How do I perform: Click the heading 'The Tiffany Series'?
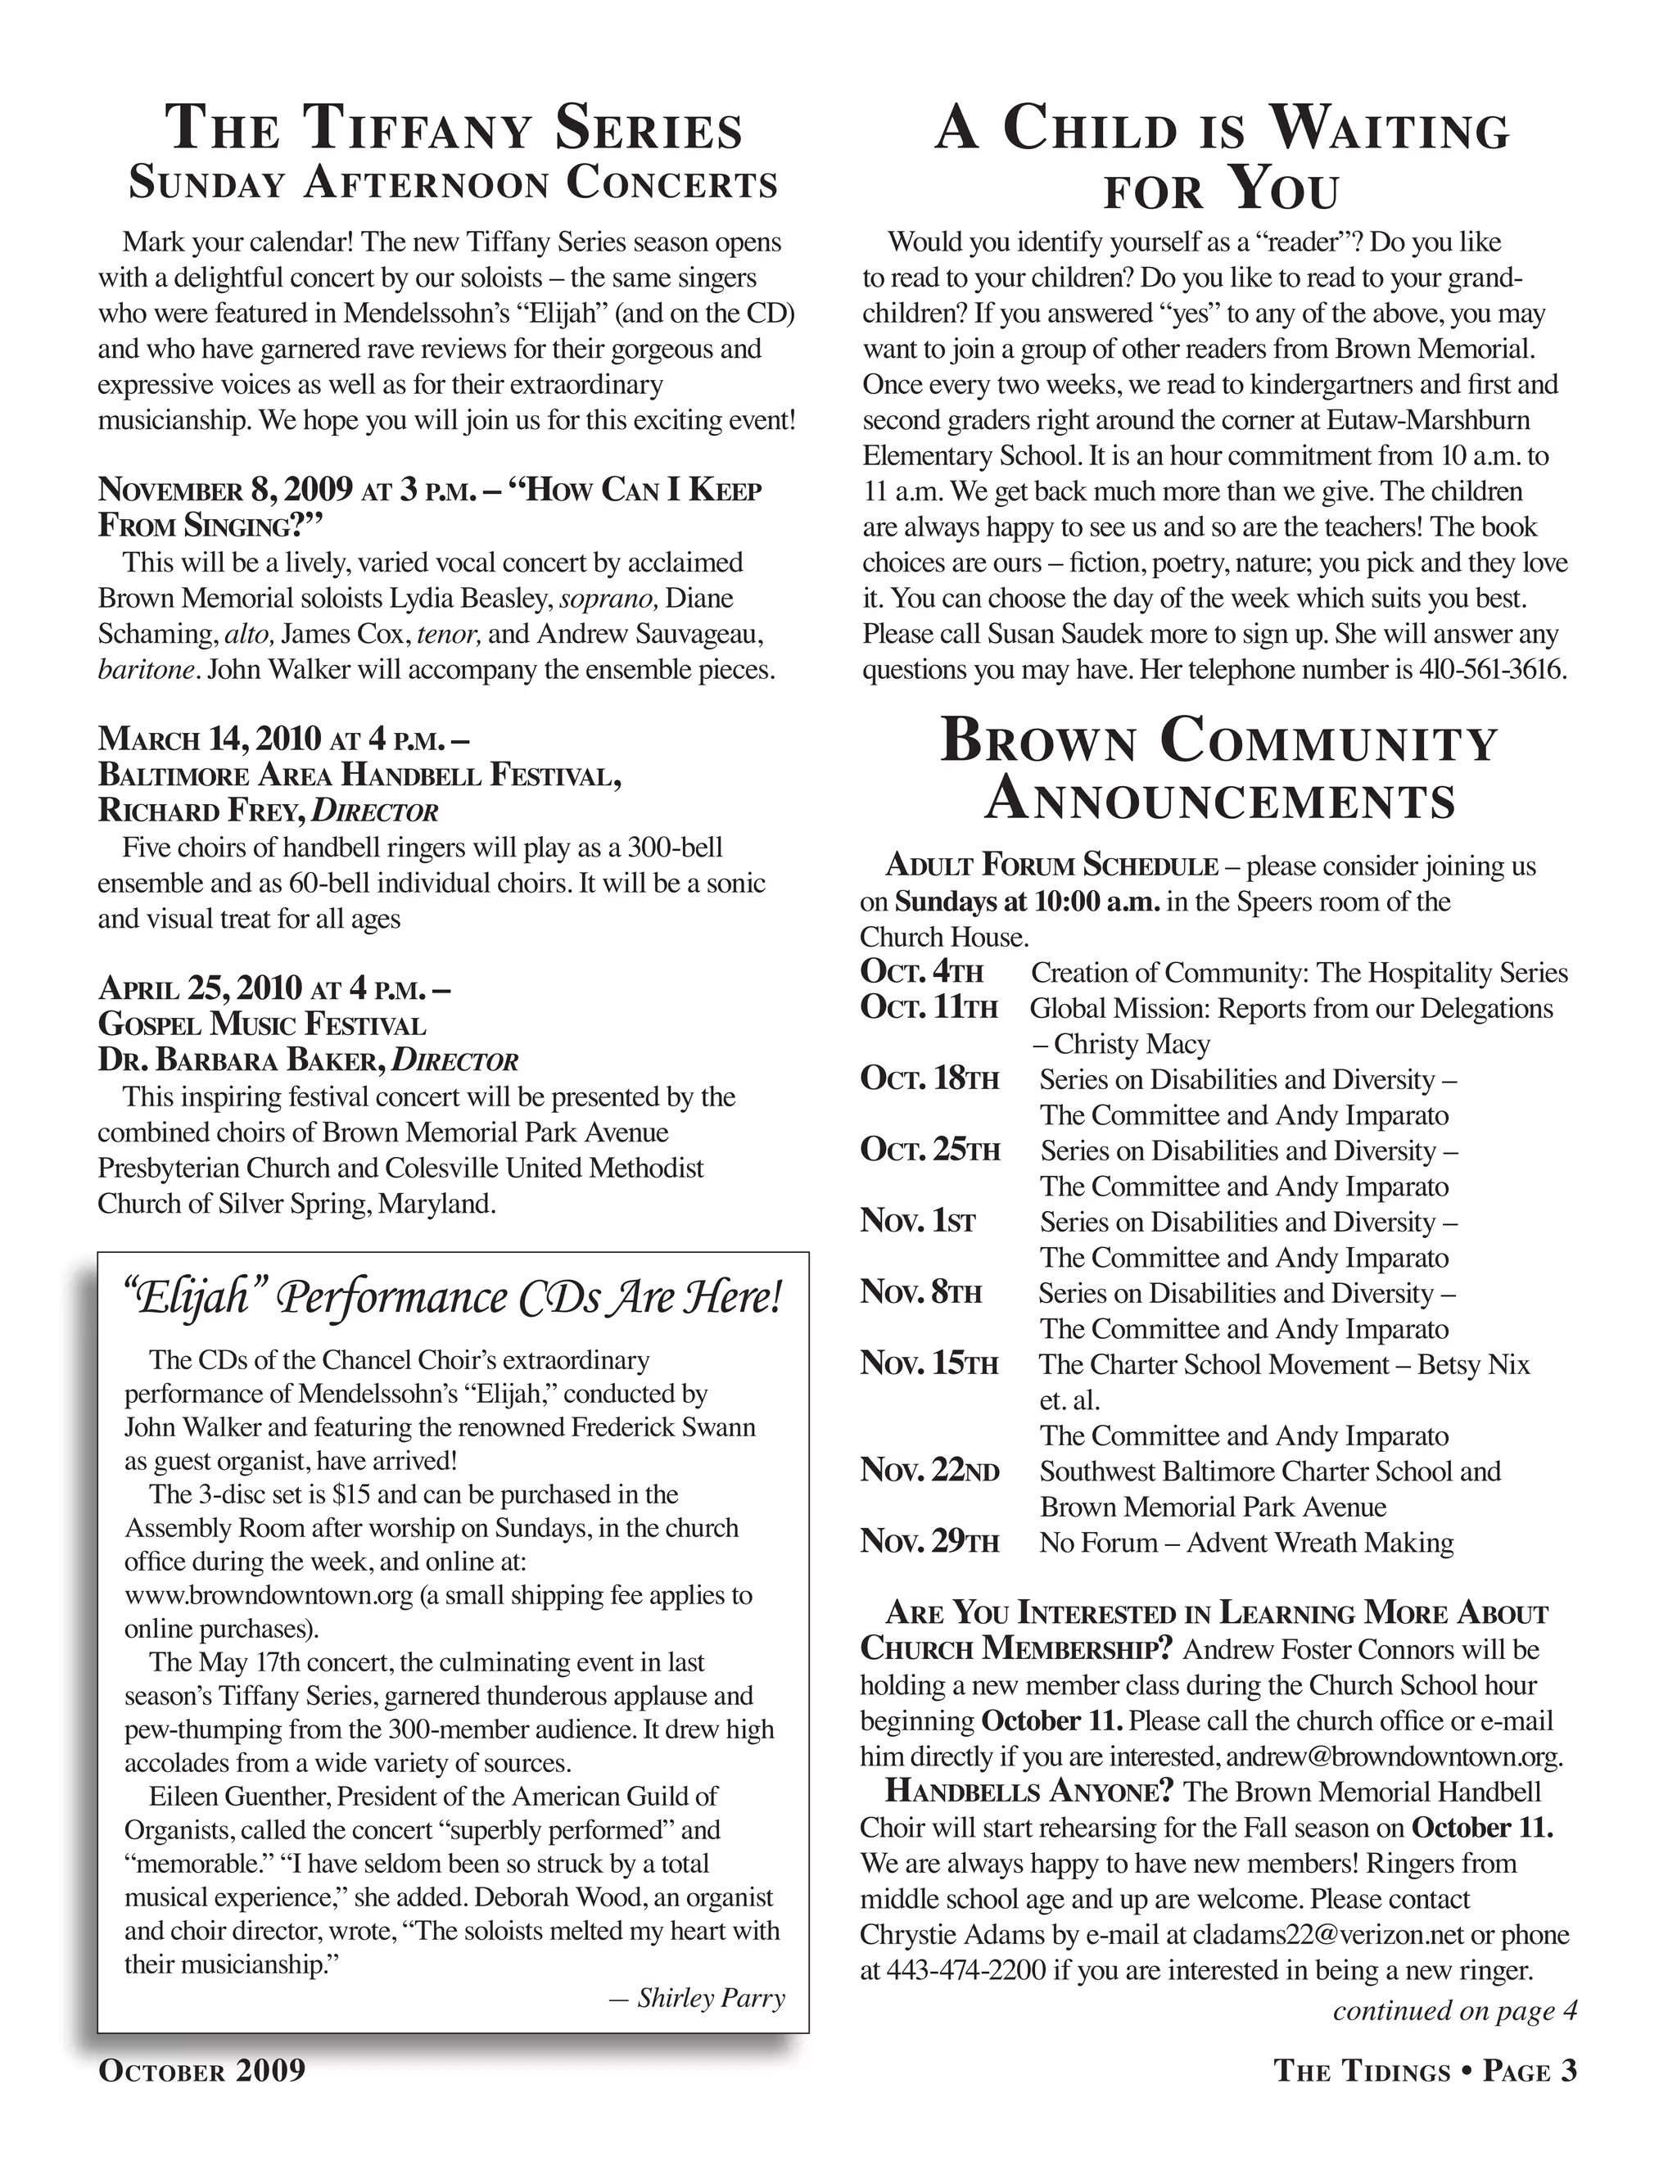pyautogui.click(x=453, y=129)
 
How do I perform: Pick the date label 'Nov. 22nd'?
pyautogui.click(x=930, y=1471)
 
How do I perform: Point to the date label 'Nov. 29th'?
pyautogui.click(x=930, y=1542)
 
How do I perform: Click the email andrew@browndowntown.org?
pyautogui.click(x=1394, y=1756)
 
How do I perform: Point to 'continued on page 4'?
pyautogui.click(x=1454, y=2011)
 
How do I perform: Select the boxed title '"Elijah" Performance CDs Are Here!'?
pyautogui.click(x=453, y=1298)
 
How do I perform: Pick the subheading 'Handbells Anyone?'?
pyautogui.click(x=1029, y=1793)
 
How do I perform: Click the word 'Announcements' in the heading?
pyautogui.click(x=1220, y=801)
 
